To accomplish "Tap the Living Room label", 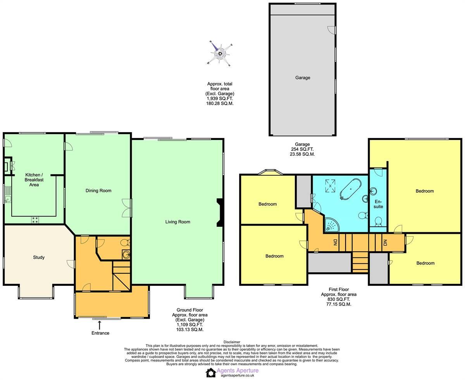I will tap(177, 222).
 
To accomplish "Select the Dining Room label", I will tap(98, 190).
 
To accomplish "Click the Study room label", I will tap(39, 257).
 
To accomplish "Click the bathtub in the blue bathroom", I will tap(350, 189).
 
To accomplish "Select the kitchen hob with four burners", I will tap(35, 219).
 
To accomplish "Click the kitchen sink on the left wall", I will tap(8, 200).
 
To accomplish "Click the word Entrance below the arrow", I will tap(100, 333).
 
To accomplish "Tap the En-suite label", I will tap(378, 204).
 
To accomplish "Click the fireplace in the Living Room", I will tap(220, 212).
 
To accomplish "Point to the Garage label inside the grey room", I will tap(303, 78).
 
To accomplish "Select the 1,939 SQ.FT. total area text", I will tap(220, 98).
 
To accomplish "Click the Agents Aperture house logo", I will tap(210, 372).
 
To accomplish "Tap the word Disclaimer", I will tap(232, 342).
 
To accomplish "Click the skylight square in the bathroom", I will tap(330, 185).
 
